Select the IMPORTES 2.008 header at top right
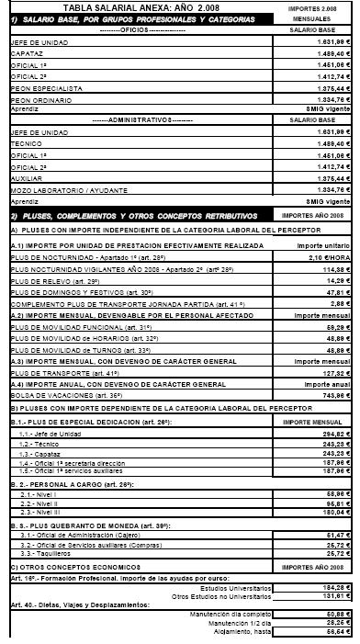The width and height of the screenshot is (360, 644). (x=322, y=6)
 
